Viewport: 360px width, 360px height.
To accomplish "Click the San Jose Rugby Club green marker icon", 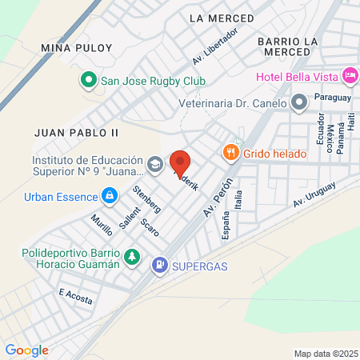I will point(89,81).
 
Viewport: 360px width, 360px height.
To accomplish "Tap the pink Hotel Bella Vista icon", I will point(349,76).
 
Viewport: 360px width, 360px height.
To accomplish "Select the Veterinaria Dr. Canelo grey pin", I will point(299,102).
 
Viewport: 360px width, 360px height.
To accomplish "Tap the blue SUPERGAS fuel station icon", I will point(161,264).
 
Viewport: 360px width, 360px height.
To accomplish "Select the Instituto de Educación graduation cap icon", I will point(154,165).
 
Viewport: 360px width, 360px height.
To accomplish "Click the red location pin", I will point(180,163).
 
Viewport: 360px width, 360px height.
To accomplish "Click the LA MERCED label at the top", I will point(216,17).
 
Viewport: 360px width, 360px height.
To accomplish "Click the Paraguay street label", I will point(333,97).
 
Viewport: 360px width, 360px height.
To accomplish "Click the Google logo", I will point(27,350).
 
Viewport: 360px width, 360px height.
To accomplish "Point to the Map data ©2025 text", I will point(324,354).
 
